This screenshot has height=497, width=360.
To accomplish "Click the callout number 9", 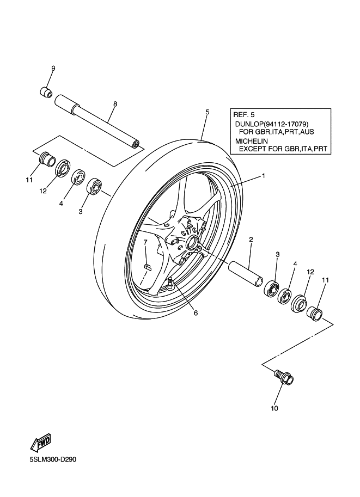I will coord(53,69).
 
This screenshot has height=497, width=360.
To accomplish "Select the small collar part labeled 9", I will coord(46,91).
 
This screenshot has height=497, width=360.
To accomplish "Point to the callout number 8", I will coord(115,103).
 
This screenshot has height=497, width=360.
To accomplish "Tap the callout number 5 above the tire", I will coord(208,112).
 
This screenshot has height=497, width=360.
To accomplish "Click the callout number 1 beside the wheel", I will coord(263,176).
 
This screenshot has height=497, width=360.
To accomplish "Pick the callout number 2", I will coord(251,239).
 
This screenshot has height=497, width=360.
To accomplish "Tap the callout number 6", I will coord(196,313).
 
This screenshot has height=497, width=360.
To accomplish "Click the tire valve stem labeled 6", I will coord(170,283).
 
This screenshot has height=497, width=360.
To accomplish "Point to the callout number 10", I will coord(274,408).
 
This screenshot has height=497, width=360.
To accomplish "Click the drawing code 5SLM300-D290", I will coord(53,459).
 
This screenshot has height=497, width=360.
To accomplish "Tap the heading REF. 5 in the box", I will coord(243,115).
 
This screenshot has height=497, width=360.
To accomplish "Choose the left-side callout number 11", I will coord(29,180).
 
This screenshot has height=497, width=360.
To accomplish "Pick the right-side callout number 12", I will coord(310,271).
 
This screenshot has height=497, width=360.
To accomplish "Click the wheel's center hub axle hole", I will coord(193,240).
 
